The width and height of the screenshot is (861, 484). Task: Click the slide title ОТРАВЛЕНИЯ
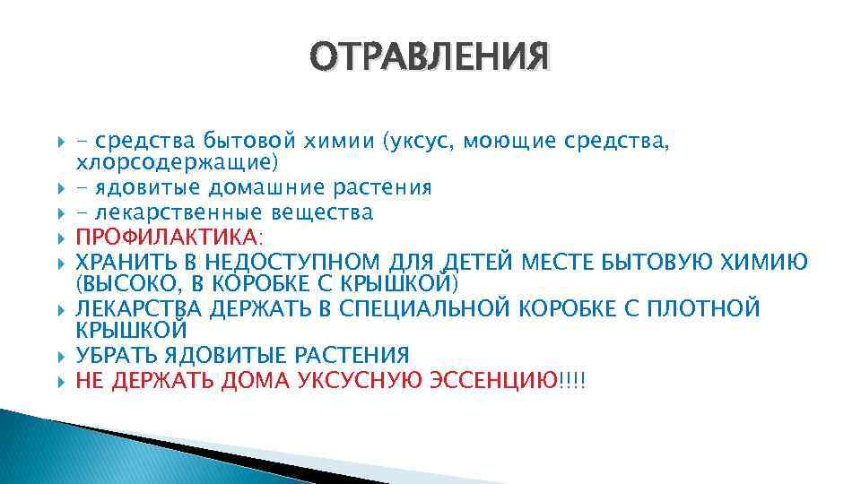pos(430,56)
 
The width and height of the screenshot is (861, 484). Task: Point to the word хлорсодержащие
pos(177,163)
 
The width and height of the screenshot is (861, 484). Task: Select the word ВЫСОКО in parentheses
pos(127,285)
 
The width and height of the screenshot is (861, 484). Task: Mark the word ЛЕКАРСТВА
pos(142,309)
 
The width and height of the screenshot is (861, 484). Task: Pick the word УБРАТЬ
pos(119,355)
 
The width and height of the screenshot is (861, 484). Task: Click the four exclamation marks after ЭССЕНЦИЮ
pos(571,379)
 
